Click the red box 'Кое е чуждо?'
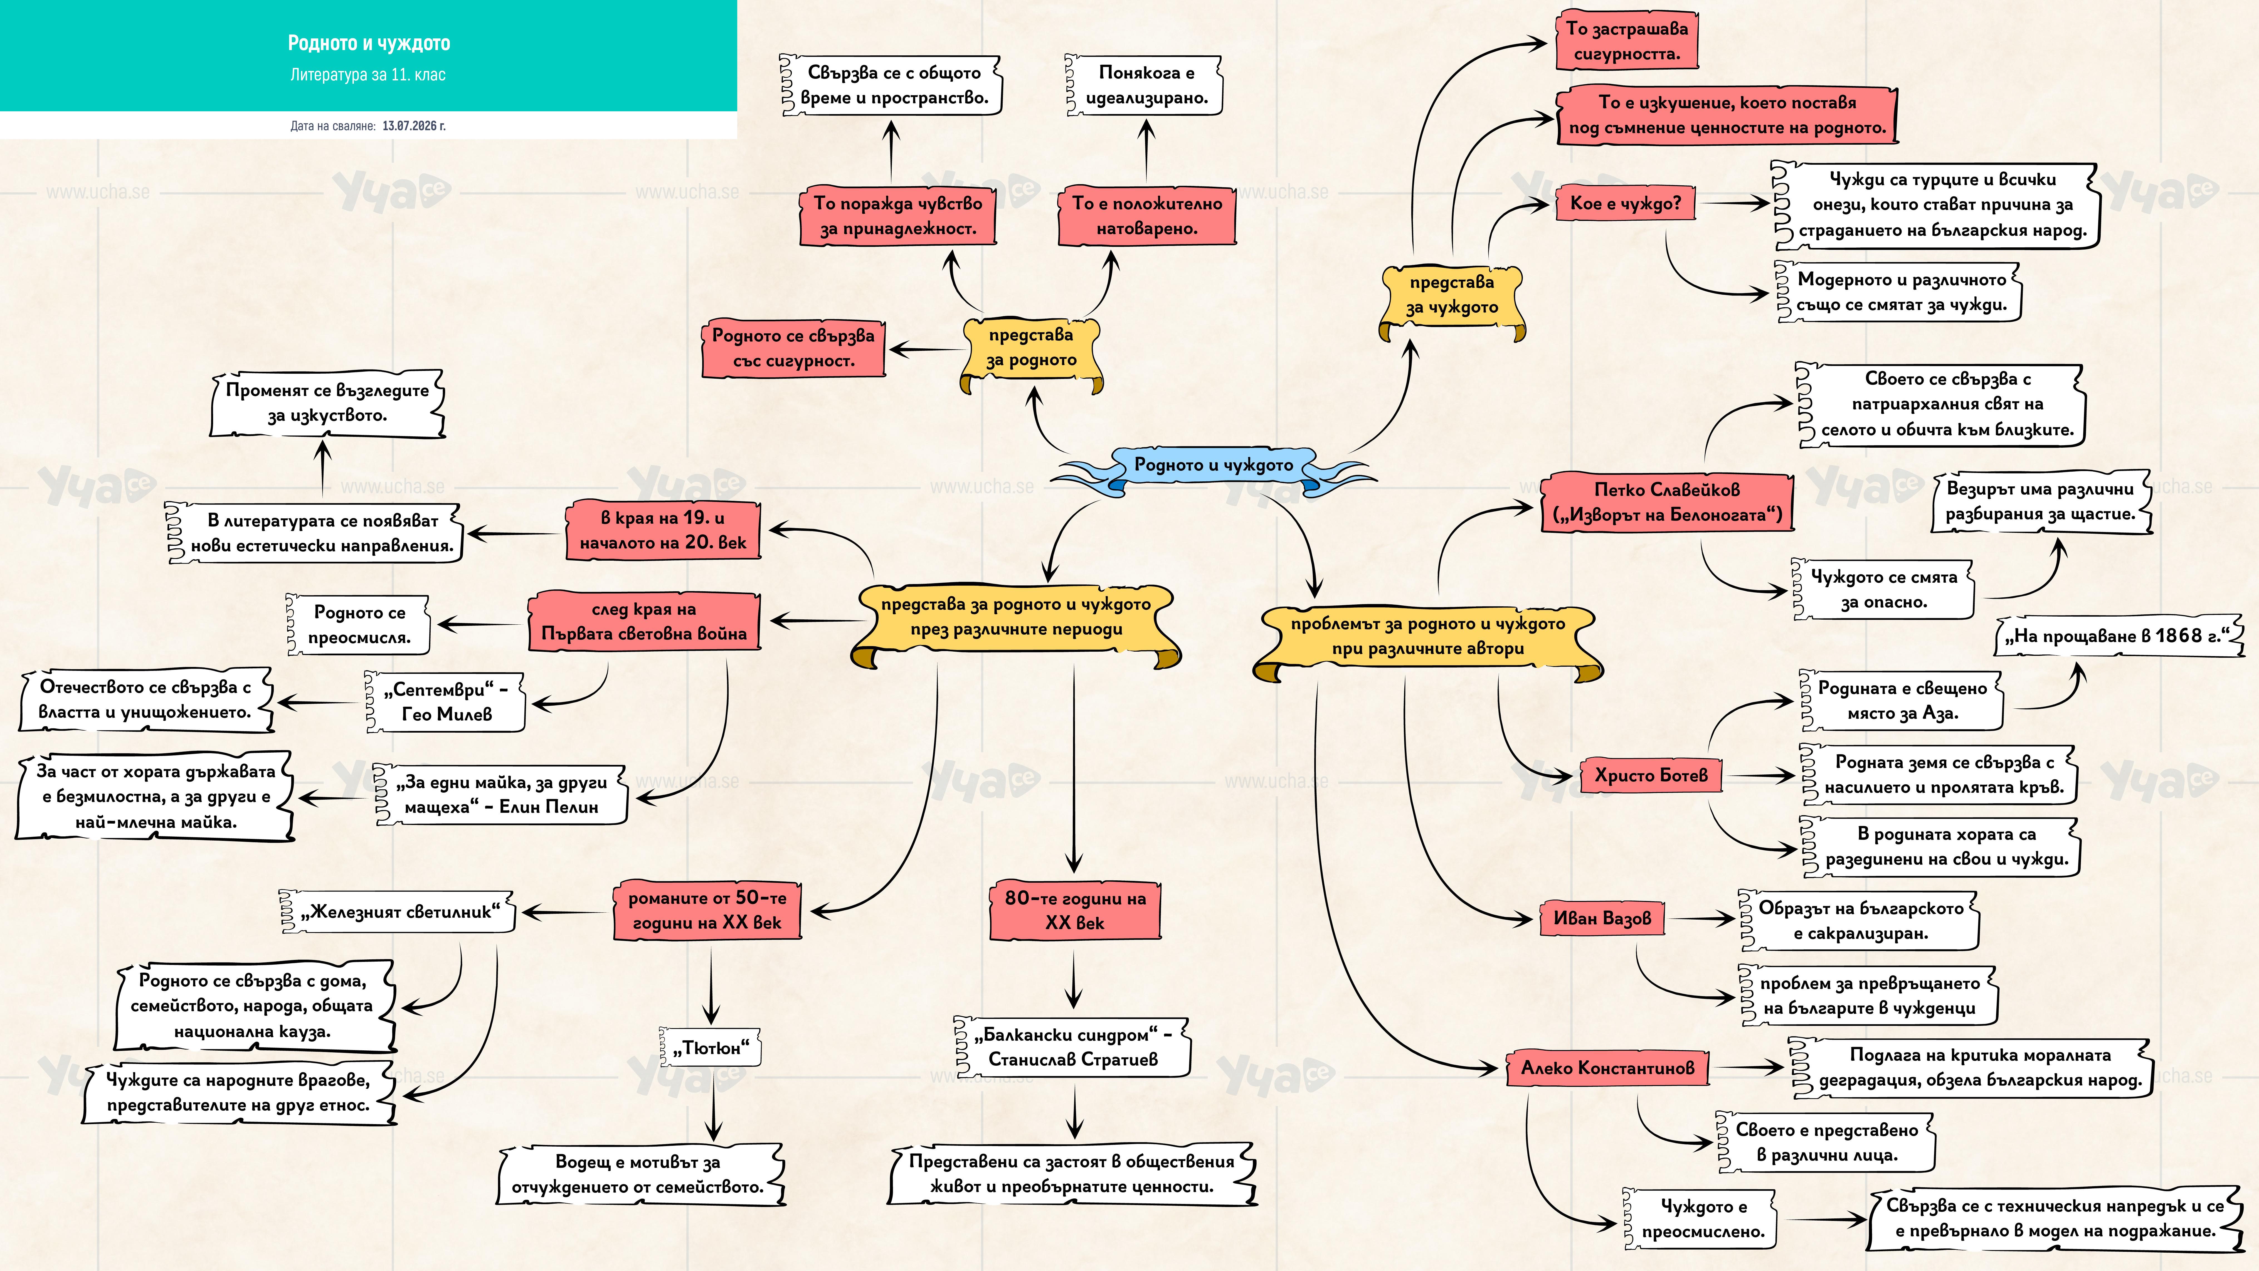[1625, 205]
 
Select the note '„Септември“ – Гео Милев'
[445, 702]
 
